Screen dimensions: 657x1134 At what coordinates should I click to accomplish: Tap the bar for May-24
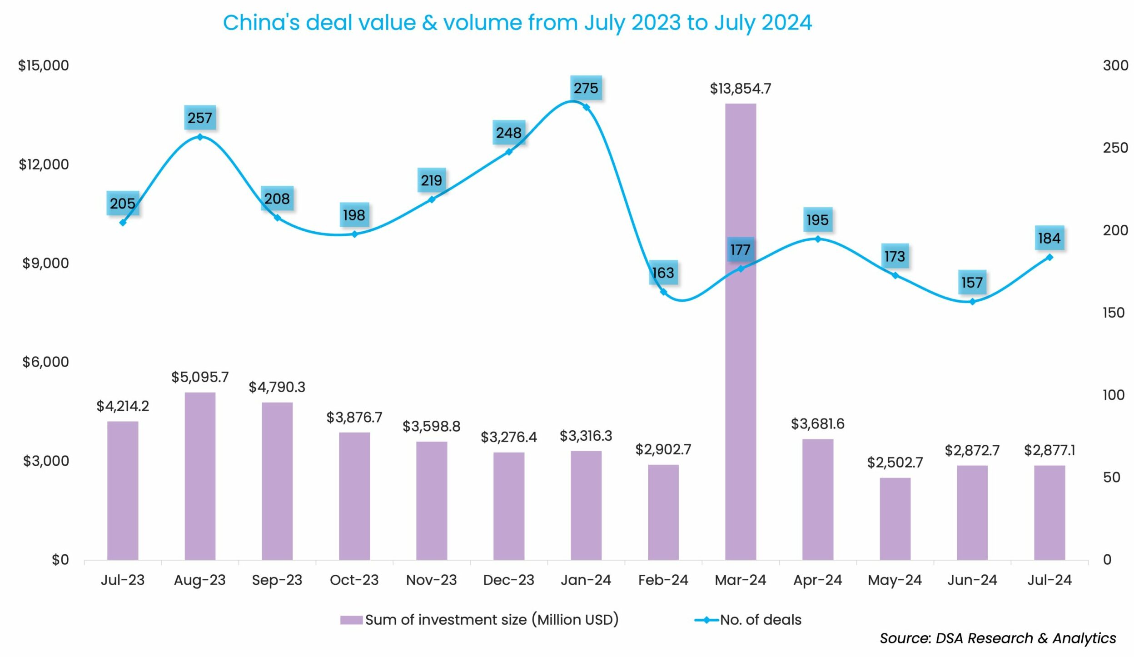tap(895, 518)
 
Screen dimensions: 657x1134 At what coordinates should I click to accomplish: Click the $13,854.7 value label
tap(740, 89)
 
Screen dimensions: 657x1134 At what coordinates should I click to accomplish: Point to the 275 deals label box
tap(586, 88)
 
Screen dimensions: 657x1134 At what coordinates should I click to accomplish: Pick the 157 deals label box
tap(972, 283)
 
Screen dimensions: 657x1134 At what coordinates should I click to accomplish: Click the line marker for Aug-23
tap(200, 137)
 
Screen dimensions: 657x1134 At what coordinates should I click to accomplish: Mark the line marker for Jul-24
tap(1049, 257)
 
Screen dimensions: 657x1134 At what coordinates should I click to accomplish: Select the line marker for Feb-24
tap(663, 292)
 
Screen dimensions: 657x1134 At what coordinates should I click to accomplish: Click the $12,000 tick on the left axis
tap(44, 164)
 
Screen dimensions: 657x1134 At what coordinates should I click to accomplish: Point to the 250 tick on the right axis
tap(1115, 148)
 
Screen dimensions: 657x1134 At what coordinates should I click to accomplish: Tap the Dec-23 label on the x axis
tap(508, 580)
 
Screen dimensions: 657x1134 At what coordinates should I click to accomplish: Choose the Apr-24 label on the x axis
tap(817, 580)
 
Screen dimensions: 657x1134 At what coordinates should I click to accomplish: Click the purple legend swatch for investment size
tap(351, 620)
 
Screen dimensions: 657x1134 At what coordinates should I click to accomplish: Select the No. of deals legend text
tap(761, 620)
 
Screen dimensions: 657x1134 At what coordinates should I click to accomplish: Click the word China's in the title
tap(261, 23)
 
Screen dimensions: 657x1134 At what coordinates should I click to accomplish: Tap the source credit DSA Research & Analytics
tap(1025, 638)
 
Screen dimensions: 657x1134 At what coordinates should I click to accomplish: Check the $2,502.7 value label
tap(895, 463)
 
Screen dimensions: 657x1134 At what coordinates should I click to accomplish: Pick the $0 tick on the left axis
tap(60, 560)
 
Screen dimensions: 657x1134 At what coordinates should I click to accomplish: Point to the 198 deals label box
tap(354, 215)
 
